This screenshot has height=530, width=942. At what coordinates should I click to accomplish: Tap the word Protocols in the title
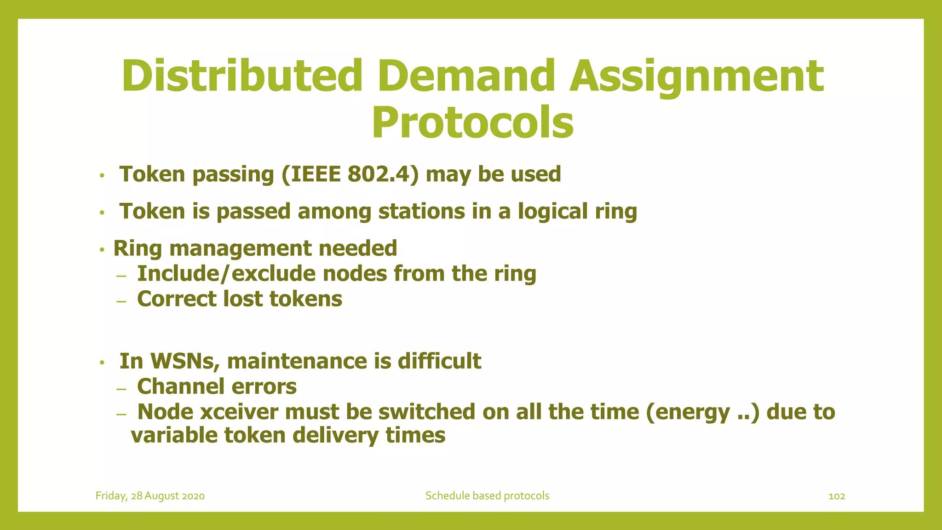472,122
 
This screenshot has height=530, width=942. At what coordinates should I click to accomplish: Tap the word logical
552,212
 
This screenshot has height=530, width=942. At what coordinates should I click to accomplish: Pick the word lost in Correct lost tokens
242,299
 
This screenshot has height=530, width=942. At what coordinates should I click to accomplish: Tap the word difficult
439,361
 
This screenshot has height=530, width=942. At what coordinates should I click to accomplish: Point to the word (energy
688,412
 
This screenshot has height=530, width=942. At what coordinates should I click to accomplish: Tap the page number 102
837,496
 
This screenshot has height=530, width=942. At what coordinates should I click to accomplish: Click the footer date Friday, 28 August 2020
150,496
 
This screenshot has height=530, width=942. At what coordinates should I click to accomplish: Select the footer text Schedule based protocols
487,496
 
